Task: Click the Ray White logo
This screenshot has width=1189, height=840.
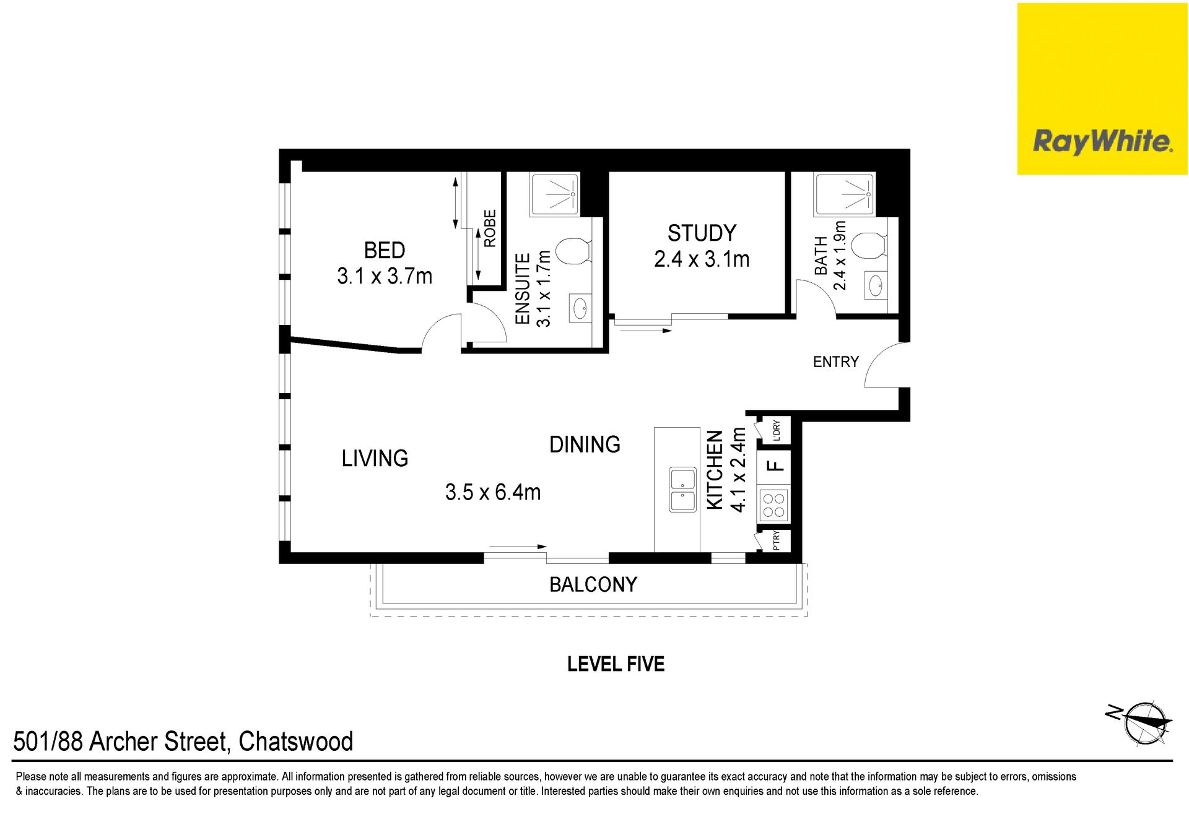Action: point(1102,89)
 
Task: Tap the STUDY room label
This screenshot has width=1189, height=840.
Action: point(702,233)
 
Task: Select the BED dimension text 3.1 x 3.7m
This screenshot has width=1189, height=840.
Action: point(385,275)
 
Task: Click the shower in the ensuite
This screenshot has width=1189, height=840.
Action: point(555,194)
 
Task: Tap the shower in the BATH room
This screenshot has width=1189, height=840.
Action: point(845,194)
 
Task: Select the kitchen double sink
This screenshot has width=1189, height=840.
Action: point(682,490)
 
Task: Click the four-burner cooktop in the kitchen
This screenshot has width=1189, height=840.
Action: point(773,504)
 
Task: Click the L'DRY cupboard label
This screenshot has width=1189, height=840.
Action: point(776,430)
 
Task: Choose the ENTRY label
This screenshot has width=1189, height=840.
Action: point(836,362)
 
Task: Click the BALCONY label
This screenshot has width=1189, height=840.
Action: point(593,584)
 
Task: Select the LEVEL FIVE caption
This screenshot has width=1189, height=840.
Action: point(616,664)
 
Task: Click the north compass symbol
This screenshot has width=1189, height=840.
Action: point(1141,722)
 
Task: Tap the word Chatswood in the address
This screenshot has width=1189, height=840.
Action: point(296,742)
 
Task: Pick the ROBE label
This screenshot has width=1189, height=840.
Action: point(490,228)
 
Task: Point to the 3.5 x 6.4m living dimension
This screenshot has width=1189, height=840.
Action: point(493,492)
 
